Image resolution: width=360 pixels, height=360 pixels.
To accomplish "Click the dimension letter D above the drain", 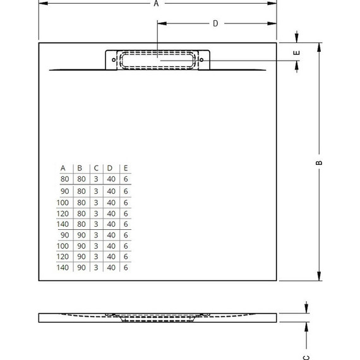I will pos(215,24).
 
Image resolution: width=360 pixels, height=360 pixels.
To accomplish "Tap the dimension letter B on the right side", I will pos(320,162).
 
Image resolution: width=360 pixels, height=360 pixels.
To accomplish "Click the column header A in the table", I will pos(63,168).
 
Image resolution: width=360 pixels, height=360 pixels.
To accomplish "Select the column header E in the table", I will pos(126,168).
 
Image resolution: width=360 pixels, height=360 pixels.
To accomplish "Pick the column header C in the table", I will pos(96,168).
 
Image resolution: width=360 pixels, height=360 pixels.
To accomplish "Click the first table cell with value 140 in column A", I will pos(63,224).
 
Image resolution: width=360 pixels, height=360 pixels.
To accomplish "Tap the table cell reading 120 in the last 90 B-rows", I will pos(63,257).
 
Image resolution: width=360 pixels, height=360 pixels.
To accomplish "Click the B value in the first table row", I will pos(80,180).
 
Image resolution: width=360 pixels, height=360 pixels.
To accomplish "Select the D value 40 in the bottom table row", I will pos(111,268).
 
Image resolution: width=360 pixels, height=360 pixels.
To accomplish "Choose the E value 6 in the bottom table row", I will pos(126,268).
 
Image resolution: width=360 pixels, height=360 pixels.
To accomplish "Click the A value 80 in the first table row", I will pos(63,180).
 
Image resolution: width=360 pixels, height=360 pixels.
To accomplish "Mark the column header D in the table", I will pos(111,168).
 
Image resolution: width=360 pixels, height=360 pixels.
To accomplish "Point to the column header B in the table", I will pos(80,168).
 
